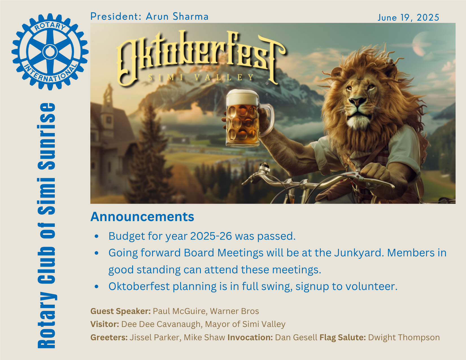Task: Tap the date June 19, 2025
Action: (408, 18)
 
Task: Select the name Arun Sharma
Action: (177, 16)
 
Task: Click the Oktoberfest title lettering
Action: (201, 58)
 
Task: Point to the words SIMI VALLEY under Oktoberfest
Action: (201, 77)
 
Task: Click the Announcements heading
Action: (142, 217)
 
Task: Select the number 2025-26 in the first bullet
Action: (211, 236)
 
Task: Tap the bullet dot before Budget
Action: (97, 236)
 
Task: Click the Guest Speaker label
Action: (121, 311)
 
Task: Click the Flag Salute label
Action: (343, 337)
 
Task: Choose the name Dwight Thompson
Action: (404, 337)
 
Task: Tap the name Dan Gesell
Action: (296, 337)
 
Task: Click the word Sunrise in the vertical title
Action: (47, 136)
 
